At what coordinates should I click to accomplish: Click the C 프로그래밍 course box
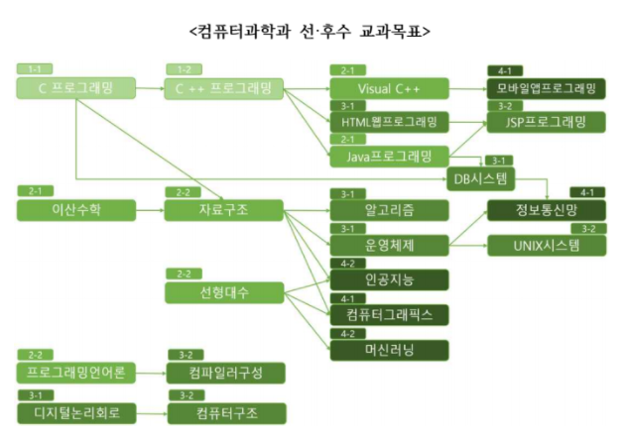[75, 88]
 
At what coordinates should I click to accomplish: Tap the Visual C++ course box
[388, 88]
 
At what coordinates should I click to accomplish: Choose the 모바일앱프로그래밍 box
[546, 88]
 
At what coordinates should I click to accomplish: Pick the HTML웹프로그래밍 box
[388, 122]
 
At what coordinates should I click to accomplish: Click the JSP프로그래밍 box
[546, 122]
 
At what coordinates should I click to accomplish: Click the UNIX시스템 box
[546, 244]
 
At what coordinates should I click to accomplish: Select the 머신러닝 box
[388, 350]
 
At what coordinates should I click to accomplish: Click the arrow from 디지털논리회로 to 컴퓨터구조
[149, 412]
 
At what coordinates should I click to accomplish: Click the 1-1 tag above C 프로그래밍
[35, 69]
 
